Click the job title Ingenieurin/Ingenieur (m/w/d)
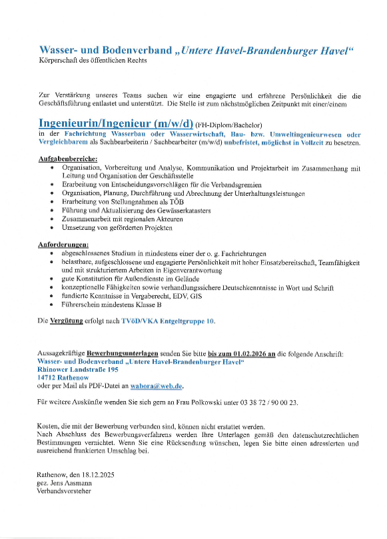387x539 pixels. (115, 123)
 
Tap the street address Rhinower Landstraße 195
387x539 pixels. (78, 369)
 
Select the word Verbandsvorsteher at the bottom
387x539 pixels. (64, 491)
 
